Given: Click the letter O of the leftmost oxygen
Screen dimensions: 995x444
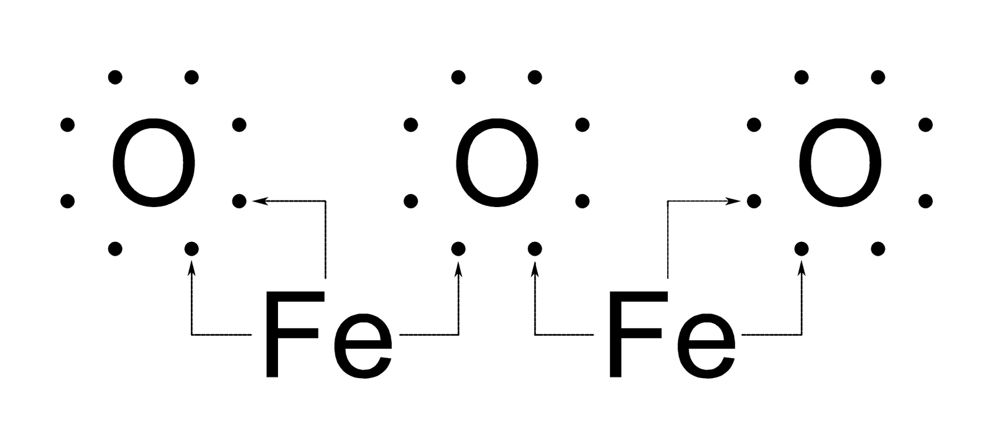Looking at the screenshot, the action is (x=153, y=163).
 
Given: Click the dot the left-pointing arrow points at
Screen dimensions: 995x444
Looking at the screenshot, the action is (x=239, y=201).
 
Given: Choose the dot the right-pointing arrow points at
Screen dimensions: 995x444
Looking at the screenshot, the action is (x=754, y=201).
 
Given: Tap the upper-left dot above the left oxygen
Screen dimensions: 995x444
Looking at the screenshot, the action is (x=115, y=77).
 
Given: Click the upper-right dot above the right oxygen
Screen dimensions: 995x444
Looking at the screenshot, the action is (x=877, y=77).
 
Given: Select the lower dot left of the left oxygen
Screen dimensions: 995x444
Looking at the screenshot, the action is (x=67, y=201).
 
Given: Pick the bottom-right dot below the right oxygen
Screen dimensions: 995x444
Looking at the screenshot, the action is (x=877, y=249).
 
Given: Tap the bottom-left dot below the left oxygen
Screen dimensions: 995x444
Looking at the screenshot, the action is (x=115, y=249).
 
